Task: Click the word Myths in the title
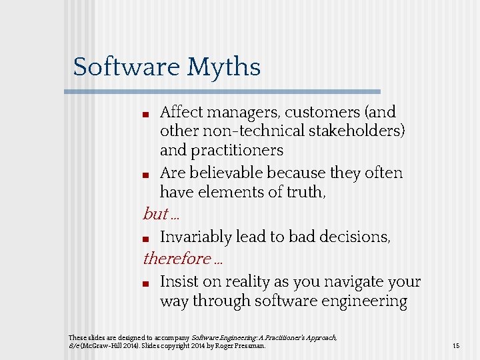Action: pyautogui.click(x=223, y=67)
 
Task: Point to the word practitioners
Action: pyautogui.click(x=237, y=151)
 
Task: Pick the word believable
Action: pyautogui.click(x=226, y=173)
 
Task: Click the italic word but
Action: pyautogui.click(x=155, y=214)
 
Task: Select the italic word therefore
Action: pyautogui.click(x=177, y=258)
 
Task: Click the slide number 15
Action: pyautogui.click(x=456, y=346)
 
